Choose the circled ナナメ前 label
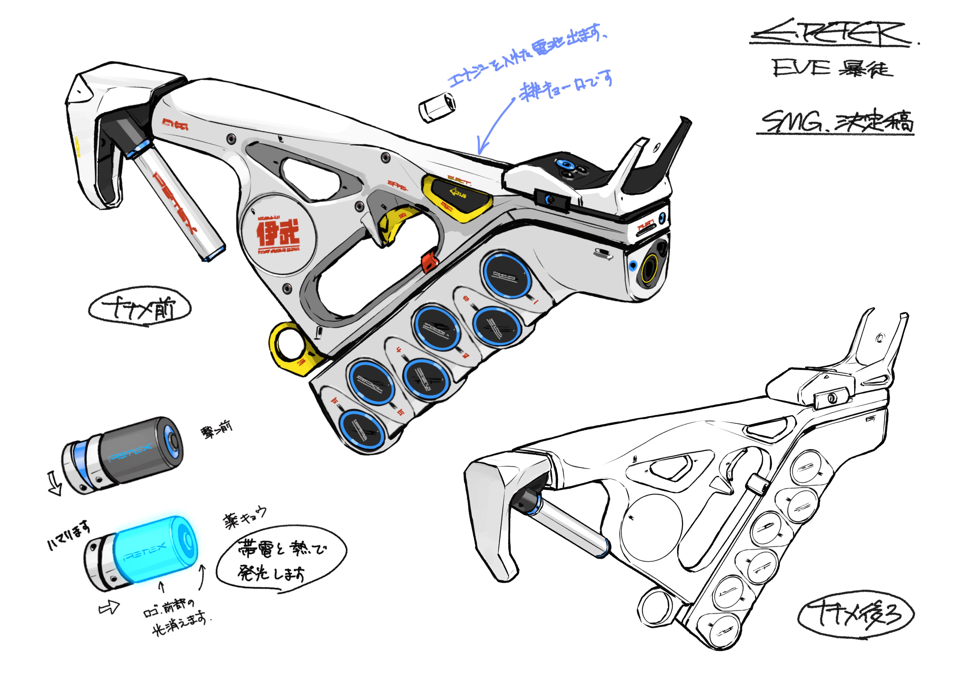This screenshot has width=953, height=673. pos(140,308)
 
